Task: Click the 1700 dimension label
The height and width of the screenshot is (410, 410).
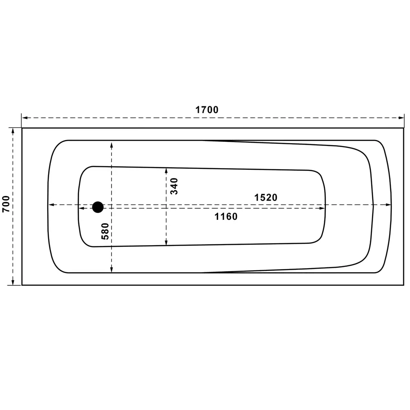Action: tap(207, 110)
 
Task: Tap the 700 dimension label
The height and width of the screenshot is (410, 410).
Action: tap(6, 204)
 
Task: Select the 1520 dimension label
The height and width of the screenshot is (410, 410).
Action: tap(266, 198)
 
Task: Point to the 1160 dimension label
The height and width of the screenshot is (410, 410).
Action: tap(226, 216)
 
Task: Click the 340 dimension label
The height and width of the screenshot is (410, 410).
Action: tap(174, 186)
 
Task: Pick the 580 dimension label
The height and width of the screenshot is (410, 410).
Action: tap(105, 231)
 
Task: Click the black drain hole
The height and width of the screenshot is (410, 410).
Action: tap(98, 207)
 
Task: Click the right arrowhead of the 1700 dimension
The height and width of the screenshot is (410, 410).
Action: tap(401, 118)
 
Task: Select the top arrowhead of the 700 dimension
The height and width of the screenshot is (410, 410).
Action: tap(13, 131)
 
